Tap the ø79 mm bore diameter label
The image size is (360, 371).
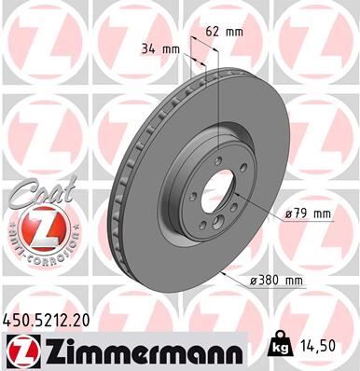click(310, 213)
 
